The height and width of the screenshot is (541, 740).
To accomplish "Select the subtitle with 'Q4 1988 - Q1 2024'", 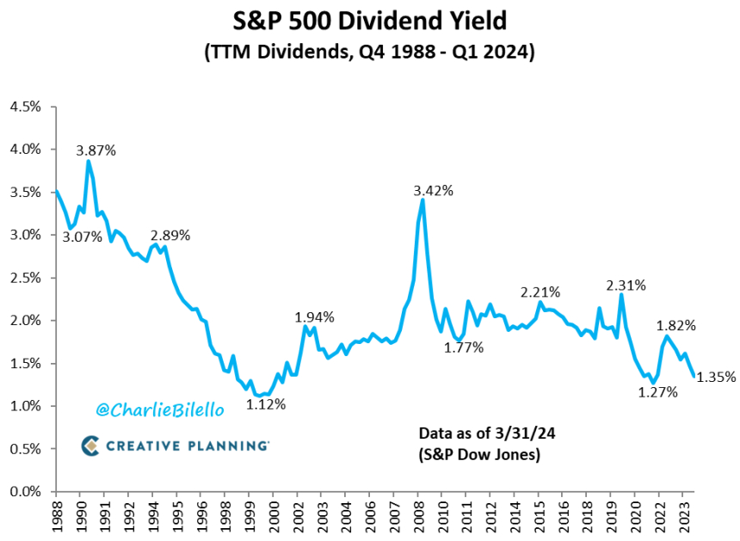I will [x=369, y=52].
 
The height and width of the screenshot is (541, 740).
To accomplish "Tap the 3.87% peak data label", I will [x=96, y=150].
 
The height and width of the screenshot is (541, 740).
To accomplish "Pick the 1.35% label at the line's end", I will [x=716, y=377].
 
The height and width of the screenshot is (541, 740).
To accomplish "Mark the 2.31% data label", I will [x=626, y=285].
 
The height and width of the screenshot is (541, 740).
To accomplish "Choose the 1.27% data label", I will [x=657, y=392].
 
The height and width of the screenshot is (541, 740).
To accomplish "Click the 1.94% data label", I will [x=315, y=317].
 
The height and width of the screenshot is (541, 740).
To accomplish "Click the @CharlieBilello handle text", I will [x=159, y=410].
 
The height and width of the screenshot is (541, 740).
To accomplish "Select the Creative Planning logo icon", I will [x=91, y=445].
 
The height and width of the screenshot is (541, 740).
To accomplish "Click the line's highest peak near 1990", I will [x=88, y=162].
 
